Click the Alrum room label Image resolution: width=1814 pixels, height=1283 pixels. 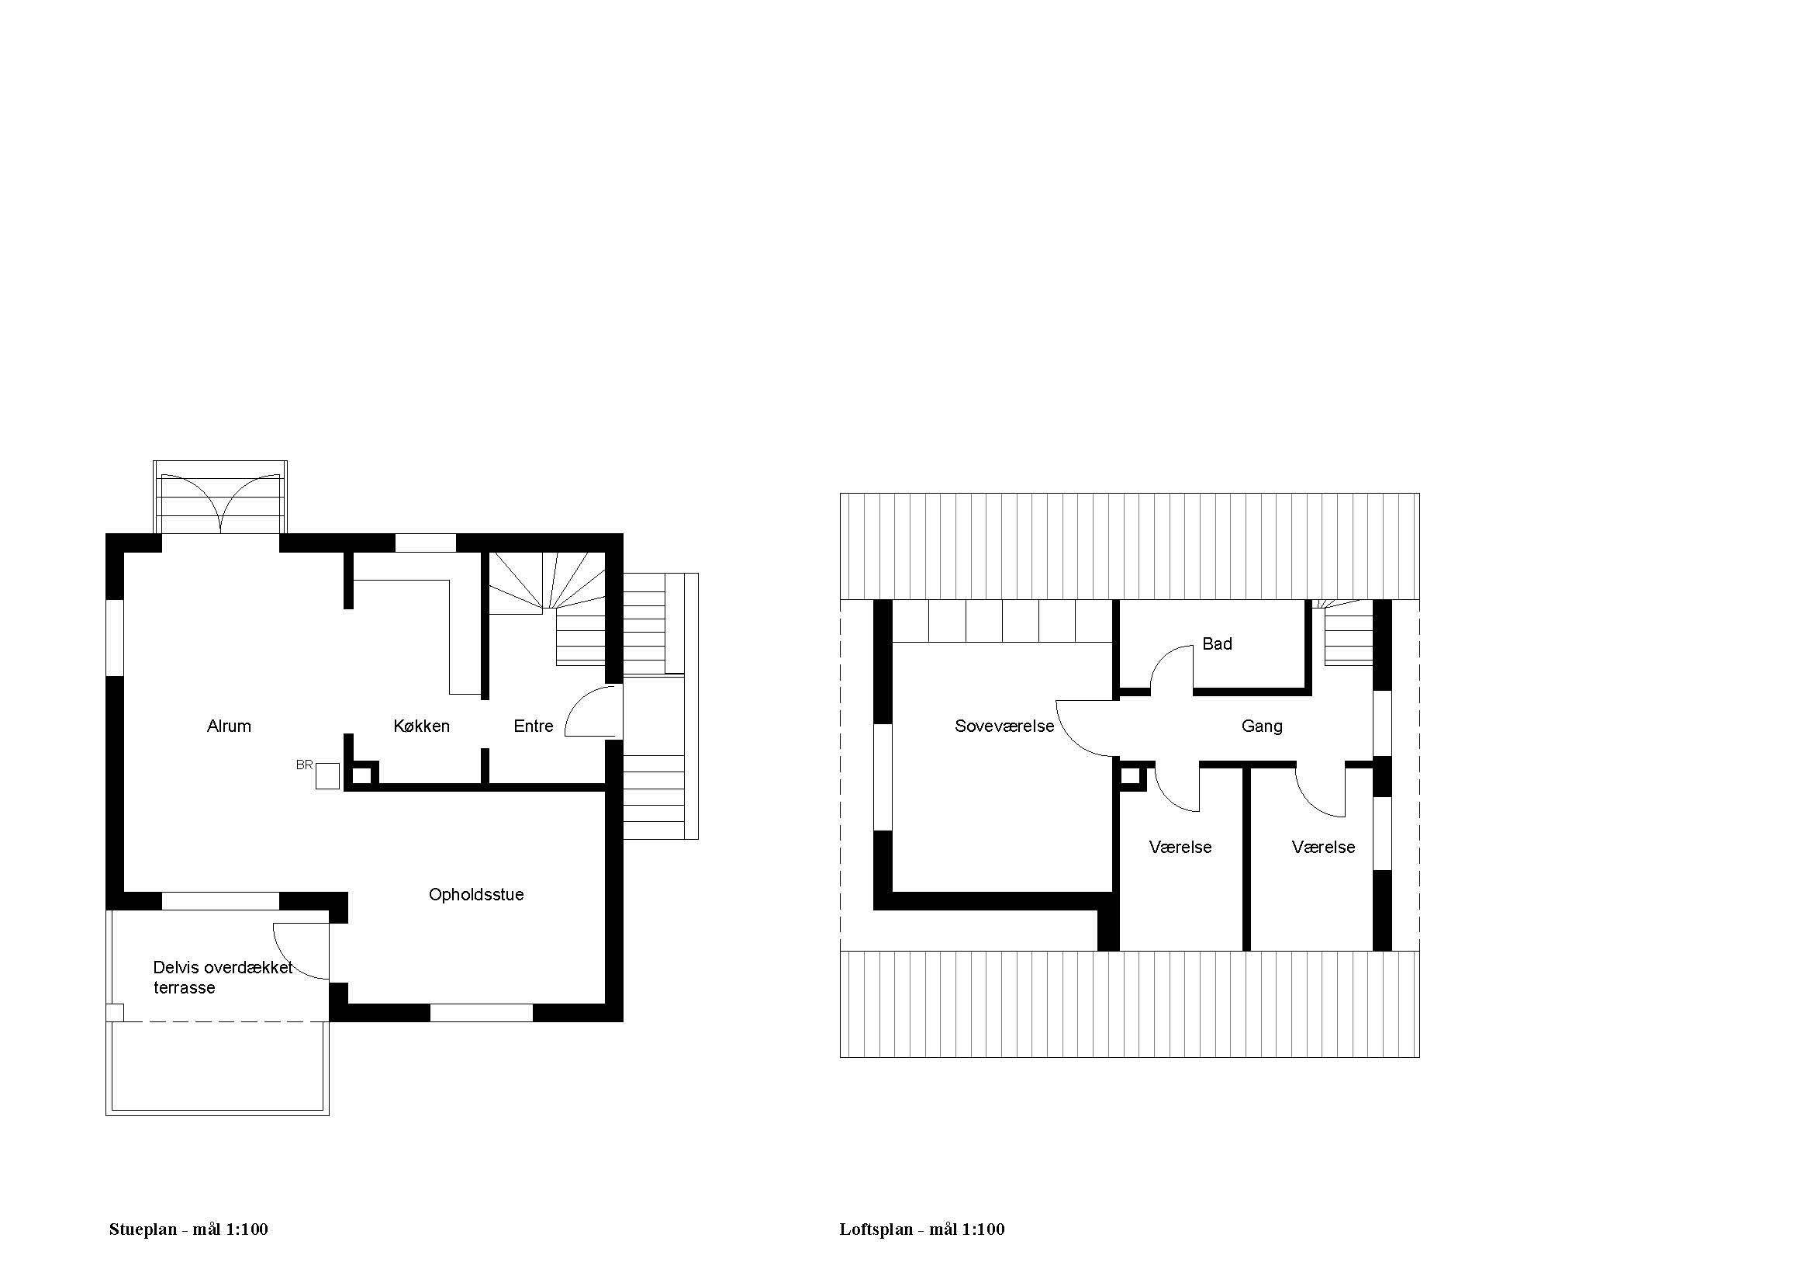coord(229,726)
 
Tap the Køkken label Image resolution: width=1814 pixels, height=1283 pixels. coord(421,726)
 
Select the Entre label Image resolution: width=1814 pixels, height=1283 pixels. coord(534,726)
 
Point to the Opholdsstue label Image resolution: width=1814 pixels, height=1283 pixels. coord(476,894)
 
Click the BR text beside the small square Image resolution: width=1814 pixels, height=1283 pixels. coord(304,765)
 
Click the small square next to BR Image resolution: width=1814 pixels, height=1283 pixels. coord(328,776)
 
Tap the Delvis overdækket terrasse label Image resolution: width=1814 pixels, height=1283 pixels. coord(223,977)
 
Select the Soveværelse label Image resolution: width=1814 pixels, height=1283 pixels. coord(1004,726)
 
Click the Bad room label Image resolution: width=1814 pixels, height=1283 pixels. coord(1217,643)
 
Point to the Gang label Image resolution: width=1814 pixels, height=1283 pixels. coord(1262,726)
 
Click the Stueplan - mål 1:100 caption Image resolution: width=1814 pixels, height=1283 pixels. coord(188,1229)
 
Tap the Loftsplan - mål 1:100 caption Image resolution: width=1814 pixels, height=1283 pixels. coord(922,1229)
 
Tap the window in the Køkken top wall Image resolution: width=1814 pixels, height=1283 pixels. coord(425,543)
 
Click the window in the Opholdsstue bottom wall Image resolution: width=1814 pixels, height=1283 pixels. coord(481,1013)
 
